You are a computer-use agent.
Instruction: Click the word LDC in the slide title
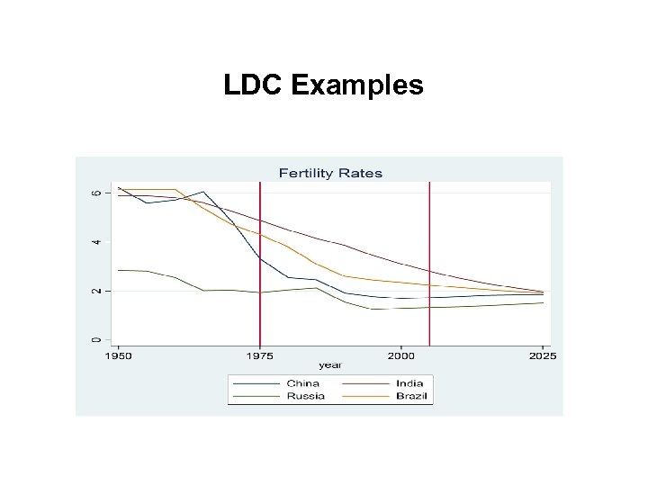click(255, 85)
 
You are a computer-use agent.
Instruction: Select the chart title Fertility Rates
click(330, 173)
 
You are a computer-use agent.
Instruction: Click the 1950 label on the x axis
click(118, 356)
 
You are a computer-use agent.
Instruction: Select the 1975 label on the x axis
click(260, 356)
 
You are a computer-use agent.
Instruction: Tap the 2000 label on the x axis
click(401, 356)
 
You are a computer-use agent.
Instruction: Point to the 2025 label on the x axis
click(542, 356)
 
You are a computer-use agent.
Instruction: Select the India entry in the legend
click(409, 383)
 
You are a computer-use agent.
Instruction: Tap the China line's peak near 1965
click(203, 192)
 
